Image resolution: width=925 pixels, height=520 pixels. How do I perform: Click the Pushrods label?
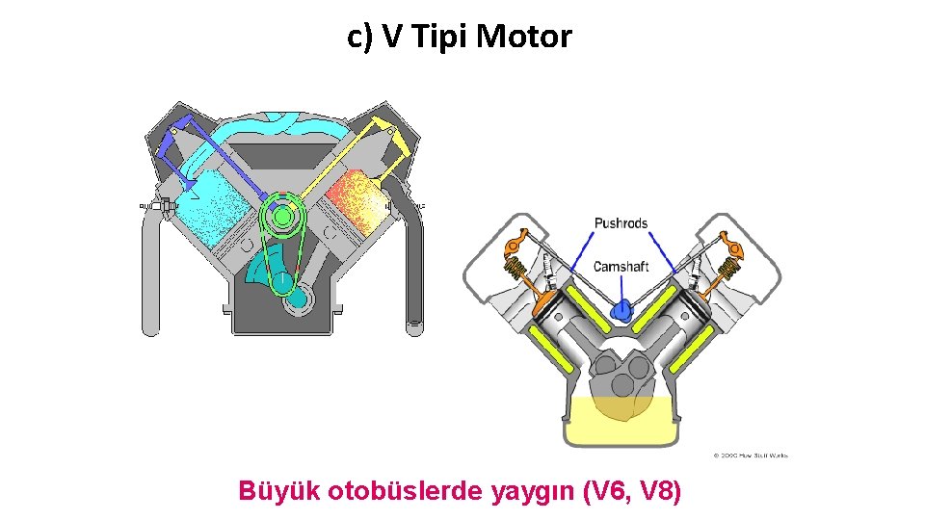click(621, 223)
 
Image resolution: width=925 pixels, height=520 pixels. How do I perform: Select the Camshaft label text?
click(621, 267)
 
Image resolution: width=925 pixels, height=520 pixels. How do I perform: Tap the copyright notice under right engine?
click(751, 455)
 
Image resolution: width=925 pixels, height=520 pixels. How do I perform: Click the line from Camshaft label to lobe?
click(623, 287)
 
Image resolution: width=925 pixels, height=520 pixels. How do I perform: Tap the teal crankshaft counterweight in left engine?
click(267, 260)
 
